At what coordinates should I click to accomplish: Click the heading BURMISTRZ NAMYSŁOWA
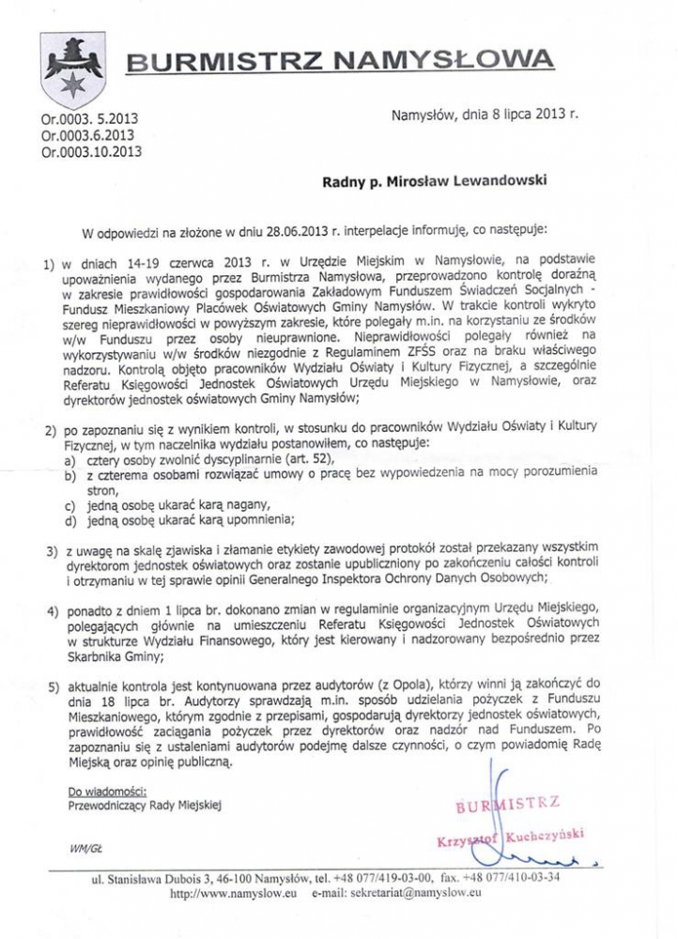340,63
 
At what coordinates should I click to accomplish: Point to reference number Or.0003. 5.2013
89,119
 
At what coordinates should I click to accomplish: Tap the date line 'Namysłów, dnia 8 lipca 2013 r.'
483,116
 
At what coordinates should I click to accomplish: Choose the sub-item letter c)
70,505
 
